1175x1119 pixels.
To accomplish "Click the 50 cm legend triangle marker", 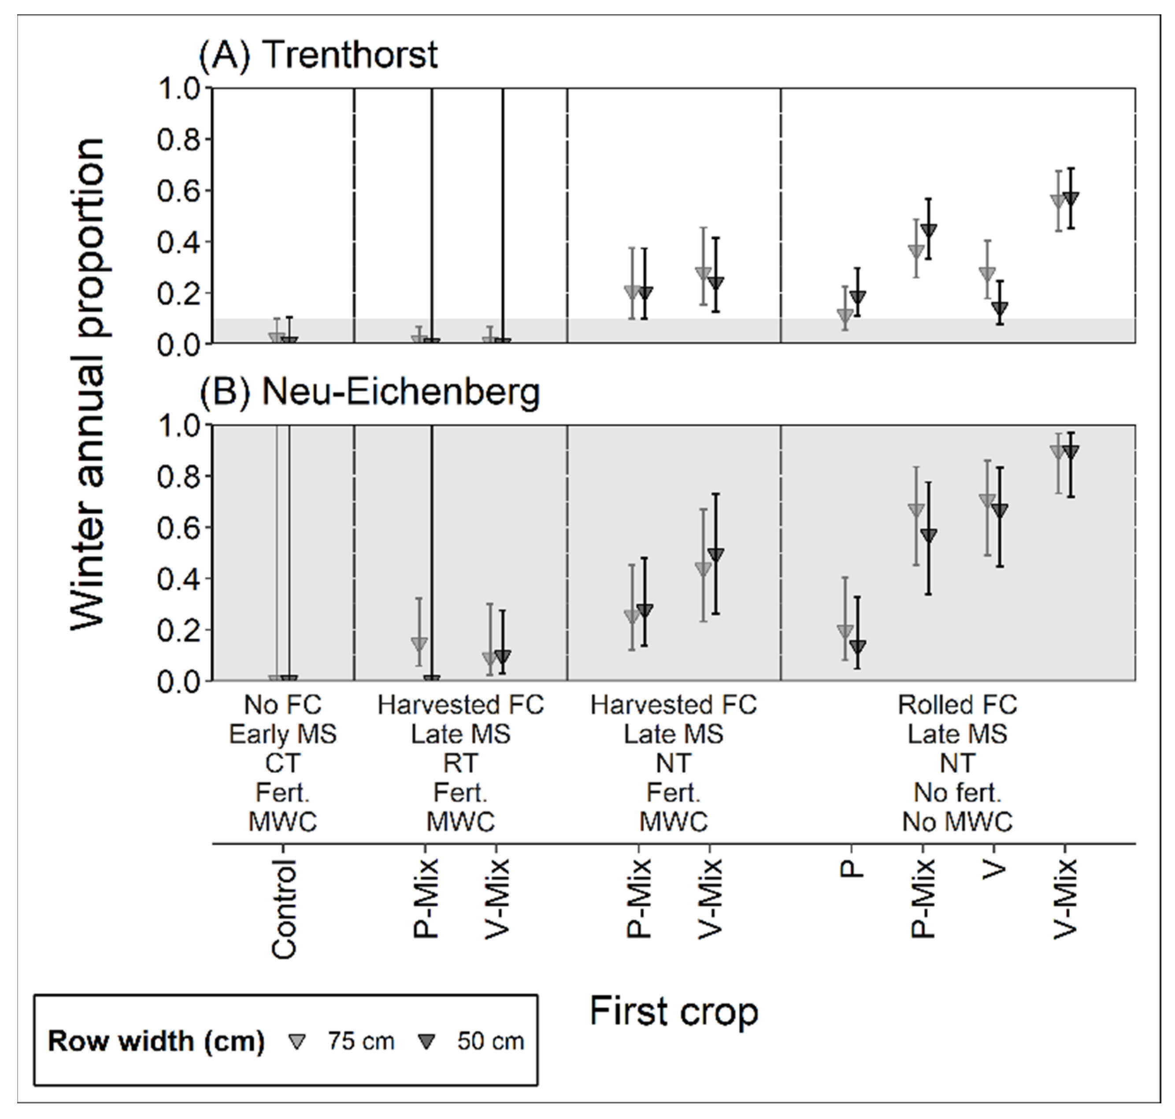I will coord(427,1042).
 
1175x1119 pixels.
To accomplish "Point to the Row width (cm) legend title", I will coord(156,1041).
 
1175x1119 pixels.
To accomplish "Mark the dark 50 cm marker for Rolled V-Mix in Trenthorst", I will coord(1071,198).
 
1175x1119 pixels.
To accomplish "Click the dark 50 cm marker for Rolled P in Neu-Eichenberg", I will coord(857,646).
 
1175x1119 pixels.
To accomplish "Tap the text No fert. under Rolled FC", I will coord(958,792).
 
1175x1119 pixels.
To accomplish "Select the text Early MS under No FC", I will coord(283,734).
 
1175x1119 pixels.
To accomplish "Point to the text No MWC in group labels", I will coord(958,822).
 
